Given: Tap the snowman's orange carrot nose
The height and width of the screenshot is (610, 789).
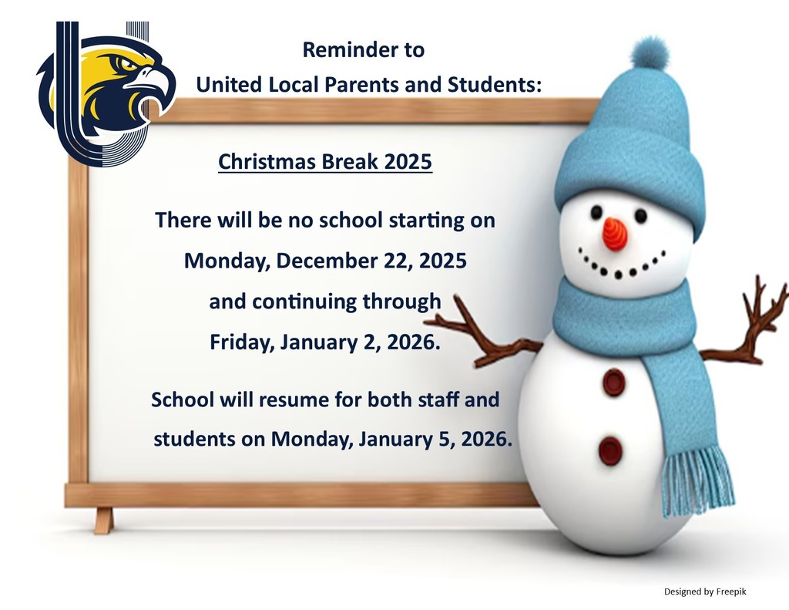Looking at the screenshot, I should [x=614, y=234].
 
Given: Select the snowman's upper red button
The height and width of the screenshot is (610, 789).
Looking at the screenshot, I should [x=614, y=382].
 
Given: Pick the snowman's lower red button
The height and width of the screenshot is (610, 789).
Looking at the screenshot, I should [x=611, y=450].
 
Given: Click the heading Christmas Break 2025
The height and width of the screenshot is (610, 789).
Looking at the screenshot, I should [x=325, y=163].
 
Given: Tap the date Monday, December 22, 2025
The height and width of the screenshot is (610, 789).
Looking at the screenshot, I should [x=325, y=261].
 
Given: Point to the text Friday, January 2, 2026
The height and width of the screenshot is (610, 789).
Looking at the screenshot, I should [x=325, y=342].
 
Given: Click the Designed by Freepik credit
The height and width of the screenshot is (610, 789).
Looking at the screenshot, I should [x=705, y=591].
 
